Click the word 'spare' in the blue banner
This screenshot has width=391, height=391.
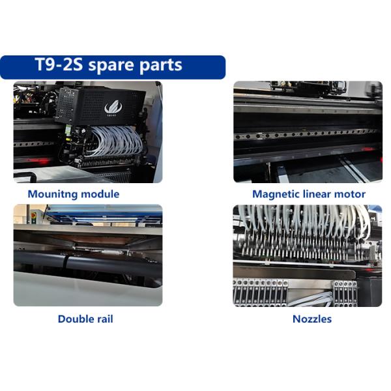111,66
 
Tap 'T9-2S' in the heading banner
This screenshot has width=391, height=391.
59,64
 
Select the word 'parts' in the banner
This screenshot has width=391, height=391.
160,66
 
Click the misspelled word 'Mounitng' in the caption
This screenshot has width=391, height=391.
52,194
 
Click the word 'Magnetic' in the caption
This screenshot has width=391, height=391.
276,194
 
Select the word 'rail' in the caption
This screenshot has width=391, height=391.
105,319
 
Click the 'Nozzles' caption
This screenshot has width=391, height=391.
312,319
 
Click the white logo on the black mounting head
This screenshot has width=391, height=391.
113,108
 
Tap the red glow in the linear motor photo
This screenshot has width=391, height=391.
368,149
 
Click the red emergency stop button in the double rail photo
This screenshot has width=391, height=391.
33,215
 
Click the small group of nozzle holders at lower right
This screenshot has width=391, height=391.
345,293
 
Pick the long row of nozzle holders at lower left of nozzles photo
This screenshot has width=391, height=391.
260,293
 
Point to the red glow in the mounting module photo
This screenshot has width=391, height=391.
40,161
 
